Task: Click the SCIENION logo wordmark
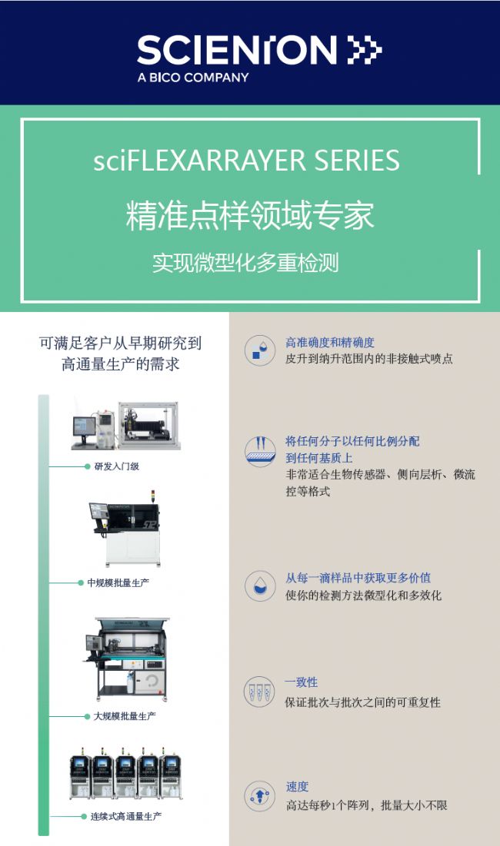pos(237,51)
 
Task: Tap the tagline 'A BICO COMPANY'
pos(193,78)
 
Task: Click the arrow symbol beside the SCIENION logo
pos(364,50)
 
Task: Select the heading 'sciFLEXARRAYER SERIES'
pos(247,161)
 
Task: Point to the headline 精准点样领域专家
pos(249,215)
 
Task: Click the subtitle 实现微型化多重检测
pos(245,263)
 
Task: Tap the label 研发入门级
pos(117,466)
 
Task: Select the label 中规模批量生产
pos(118,582)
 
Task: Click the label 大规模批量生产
pos(125,716)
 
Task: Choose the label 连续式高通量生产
pos(126,816)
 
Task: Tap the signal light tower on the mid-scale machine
pos(153,496)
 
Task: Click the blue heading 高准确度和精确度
pos(330,343)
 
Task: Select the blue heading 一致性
pos(302,682)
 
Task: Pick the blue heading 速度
pos(297,787)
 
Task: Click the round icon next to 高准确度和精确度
pos(260,350)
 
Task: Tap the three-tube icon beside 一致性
pos(260,692)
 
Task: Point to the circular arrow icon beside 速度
pos(260,796)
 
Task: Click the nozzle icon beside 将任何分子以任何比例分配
pos(260,451)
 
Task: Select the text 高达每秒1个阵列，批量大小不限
pos(367,805)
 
